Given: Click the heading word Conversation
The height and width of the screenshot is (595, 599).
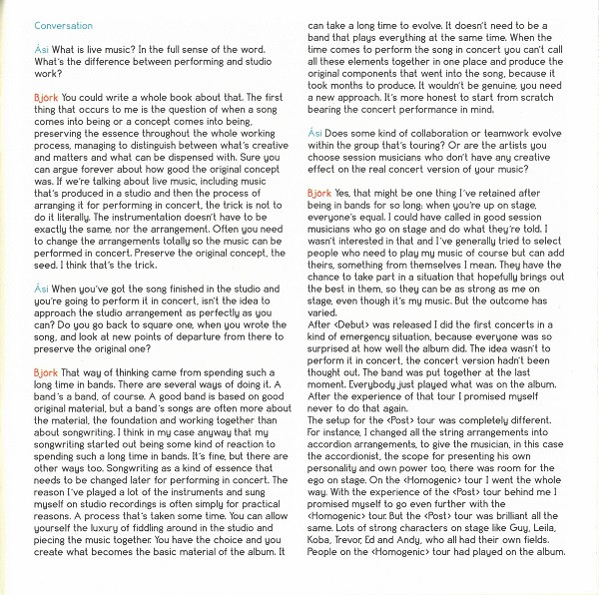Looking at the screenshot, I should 63,25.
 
